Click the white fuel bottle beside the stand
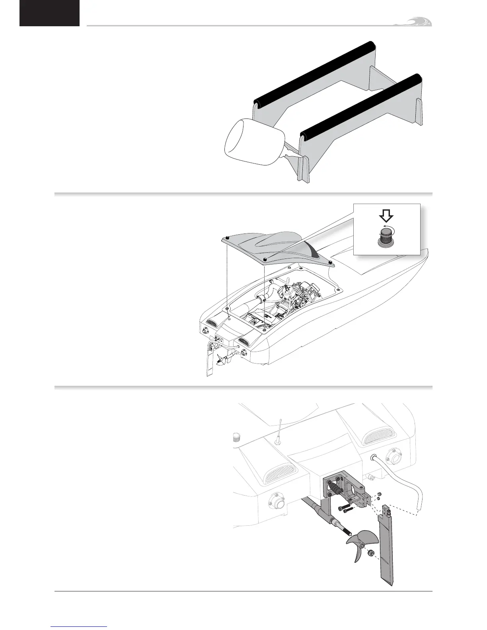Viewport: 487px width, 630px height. tap(253, 142)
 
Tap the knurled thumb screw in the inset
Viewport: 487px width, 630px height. tap(386, 237)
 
